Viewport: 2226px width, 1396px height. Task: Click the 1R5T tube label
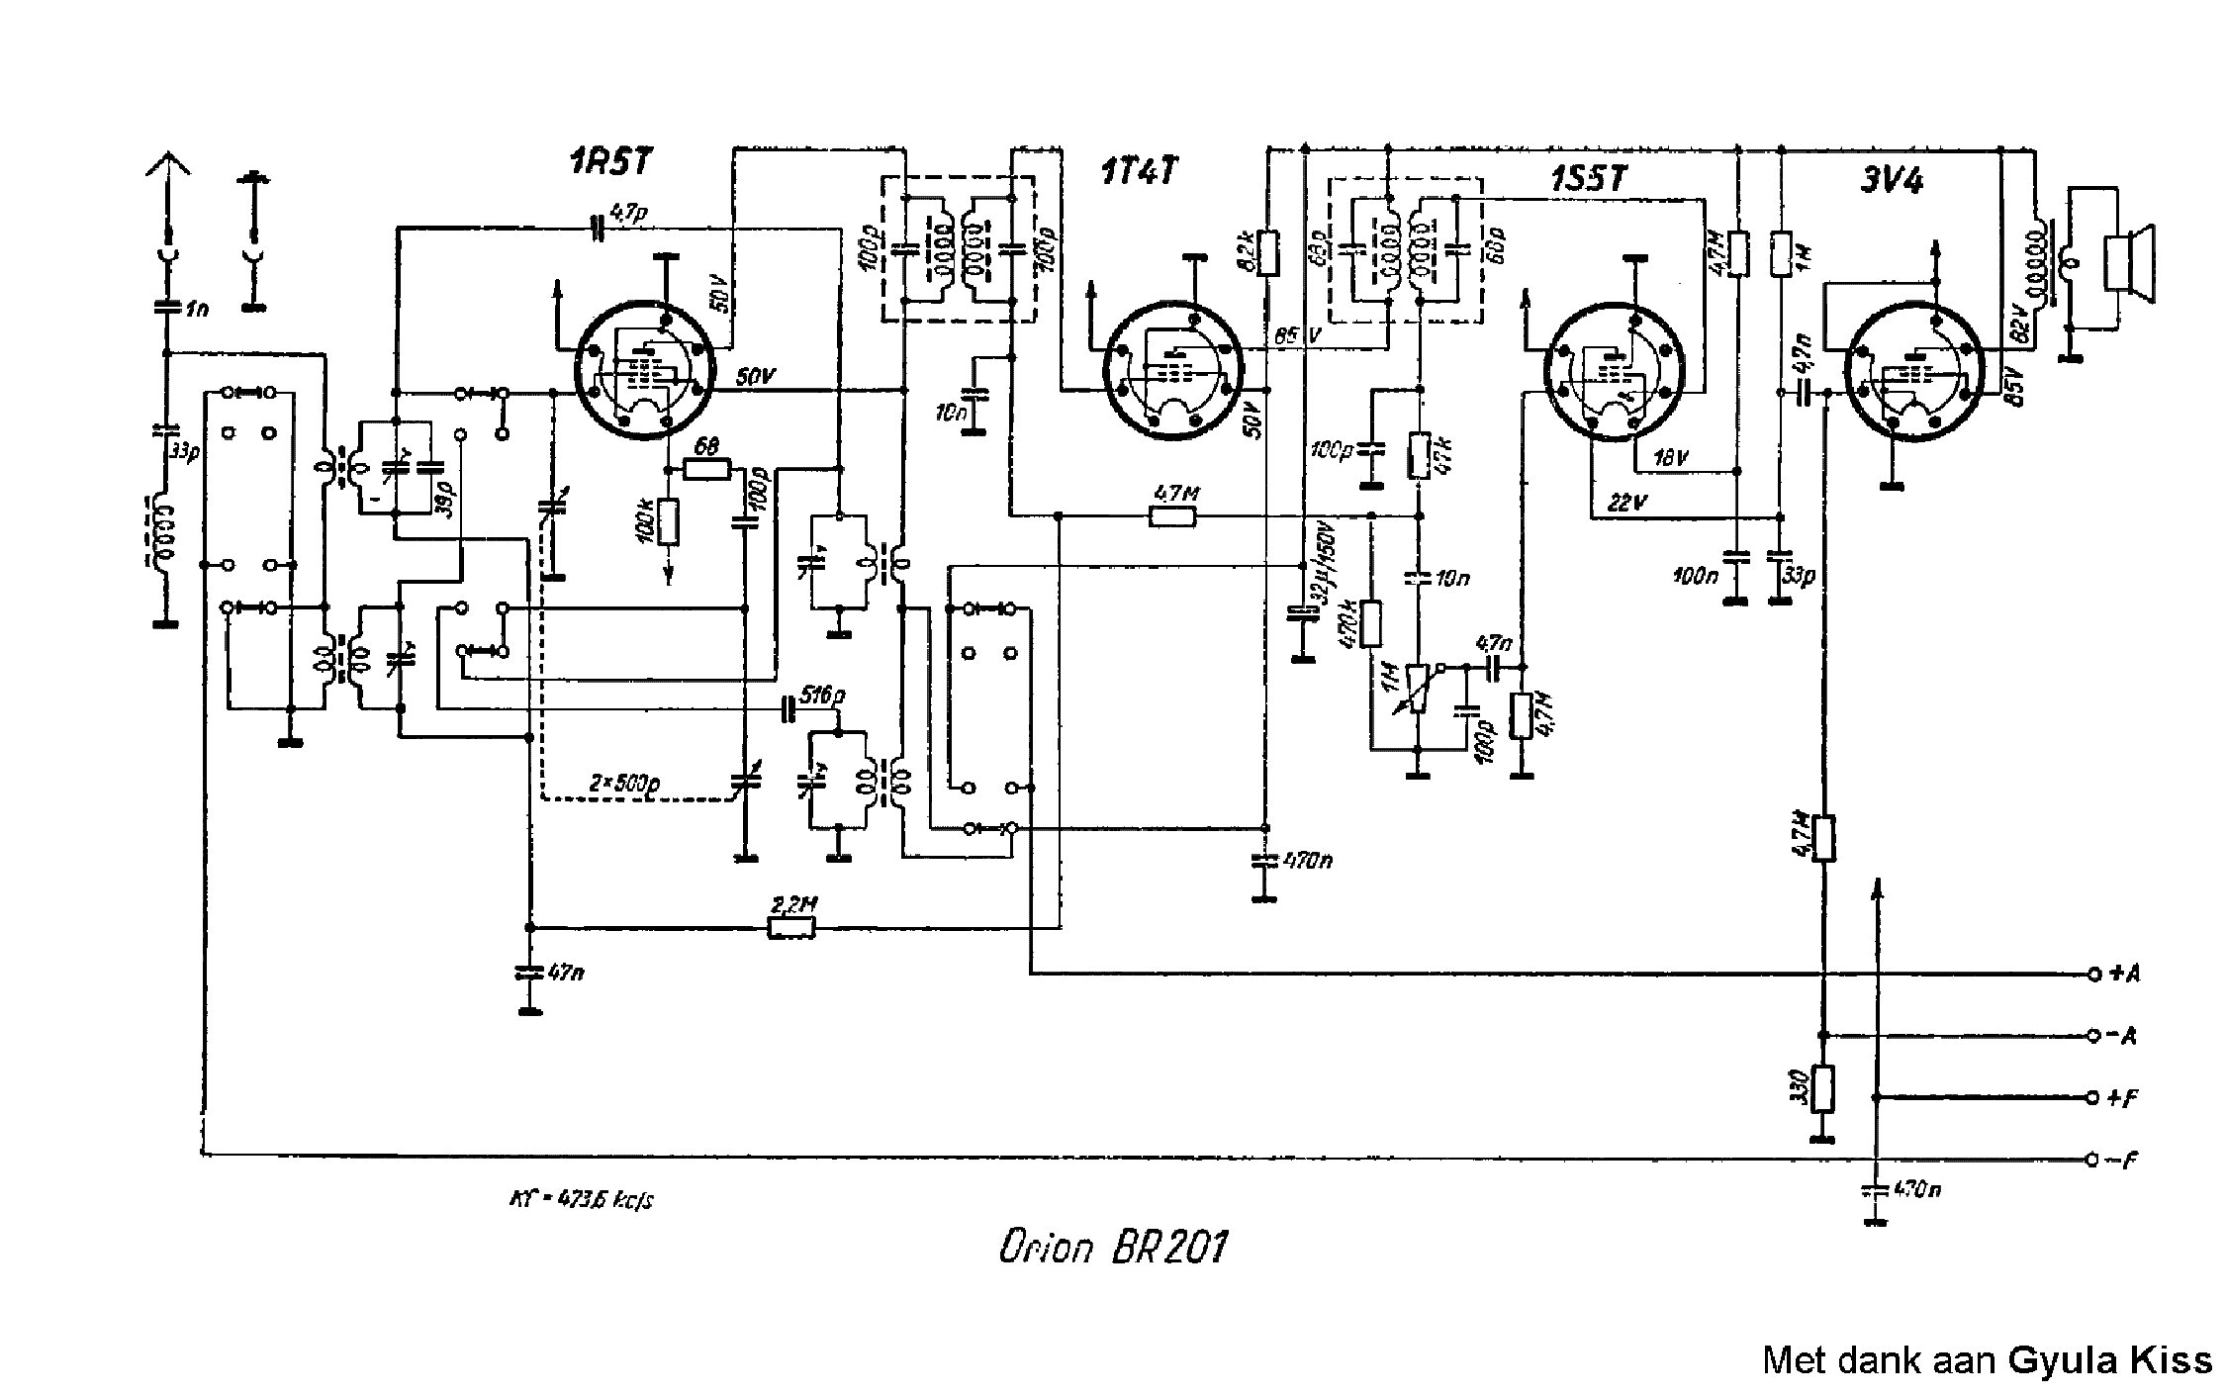pyautogui.click(x=609, y=162)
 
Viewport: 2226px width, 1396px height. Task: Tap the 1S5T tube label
pyautogui.click(x=1588, y=179)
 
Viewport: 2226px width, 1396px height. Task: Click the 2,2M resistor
pyautogui.click(x=791, y=928)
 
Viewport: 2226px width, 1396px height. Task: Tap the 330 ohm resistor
pyautogui.click(x=1823, y=1089)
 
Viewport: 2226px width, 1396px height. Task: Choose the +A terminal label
pyautogui.click(x=2123, y=974)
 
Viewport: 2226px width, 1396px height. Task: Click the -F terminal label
pyautogui.click(x=2123, y=1161)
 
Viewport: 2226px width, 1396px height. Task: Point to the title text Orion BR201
pyautogui.click(x=1112, y=1249)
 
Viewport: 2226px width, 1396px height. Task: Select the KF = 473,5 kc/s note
pyautogui.click(x=581, y=1201)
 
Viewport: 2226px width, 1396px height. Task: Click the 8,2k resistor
pyautogui.click(x=1268, y=253)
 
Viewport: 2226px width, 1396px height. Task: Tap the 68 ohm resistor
pyautogui.click(x=706, y=468)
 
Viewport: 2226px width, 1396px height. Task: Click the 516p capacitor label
pyautogui.click(x=822, y=697)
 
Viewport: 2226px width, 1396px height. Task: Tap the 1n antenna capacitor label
pyautogui.click(x=196, y=309)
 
